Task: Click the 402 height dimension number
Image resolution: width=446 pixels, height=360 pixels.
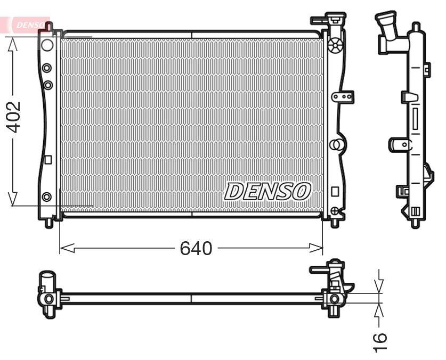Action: click(13, 117)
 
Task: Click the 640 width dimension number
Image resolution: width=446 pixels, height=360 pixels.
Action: click(196, 248)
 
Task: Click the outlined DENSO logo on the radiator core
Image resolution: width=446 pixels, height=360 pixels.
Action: click(267, 191)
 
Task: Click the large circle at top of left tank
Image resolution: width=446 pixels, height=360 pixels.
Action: click(47, 44)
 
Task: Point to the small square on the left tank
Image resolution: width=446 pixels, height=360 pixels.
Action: click(47, 159)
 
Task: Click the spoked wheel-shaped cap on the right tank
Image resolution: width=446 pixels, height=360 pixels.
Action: click(335, 45)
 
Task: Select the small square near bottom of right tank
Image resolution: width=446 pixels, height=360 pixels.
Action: click(335, 191)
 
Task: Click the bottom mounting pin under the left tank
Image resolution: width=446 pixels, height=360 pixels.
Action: click(48, 223)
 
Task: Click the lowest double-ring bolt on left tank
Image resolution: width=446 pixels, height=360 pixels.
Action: click(47, 197)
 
